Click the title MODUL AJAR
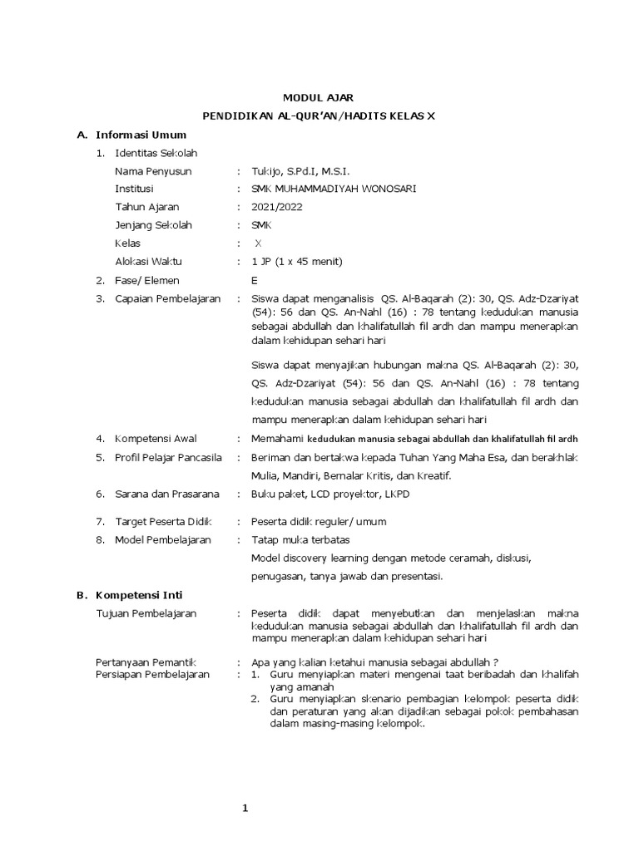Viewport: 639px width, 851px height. tap(319, 98)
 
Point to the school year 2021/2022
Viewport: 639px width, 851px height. tap(277, 207)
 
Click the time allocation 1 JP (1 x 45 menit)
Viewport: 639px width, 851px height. tap(297, 262)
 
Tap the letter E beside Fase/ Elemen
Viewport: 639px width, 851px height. tap(255, 280)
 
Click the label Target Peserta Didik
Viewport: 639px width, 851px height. tap(164, 521)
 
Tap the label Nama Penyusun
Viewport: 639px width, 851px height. tap(153, 171)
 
